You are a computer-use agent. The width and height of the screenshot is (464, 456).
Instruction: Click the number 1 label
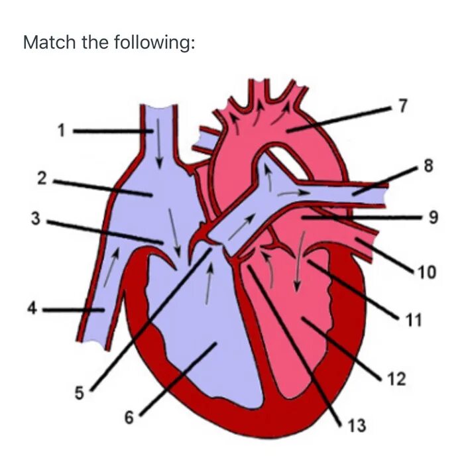pyautogui.click(x=62, y=131)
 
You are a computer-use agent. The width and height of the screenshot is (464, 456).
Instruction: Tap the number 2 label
pyautogui.click(x=42, y=178)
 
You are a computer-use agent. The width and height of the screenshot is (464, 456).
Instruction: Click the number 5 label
pyautogui.click(x=79, y=394)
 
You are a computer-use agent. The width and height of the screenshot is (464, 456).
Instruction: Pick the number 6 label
pyautogui.click(x=129, y=417)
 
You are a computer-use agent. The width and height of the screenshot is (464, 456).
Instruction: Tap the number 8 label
pyautogui.click(x=428, y=166)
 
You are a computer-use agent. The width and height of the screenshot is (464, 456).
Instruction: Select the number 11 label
pyautogui.click(x=413, y=321)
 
